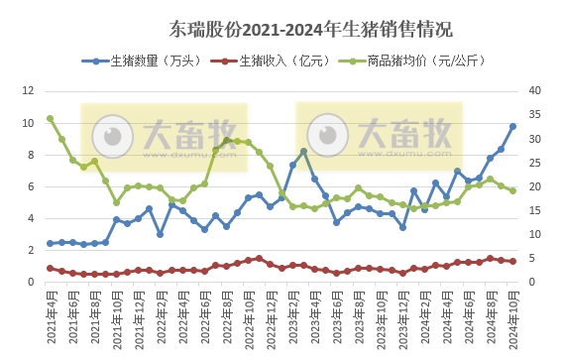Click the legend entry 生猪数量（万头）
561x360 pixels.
point(138,61)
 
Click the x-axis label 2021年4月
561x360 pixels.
point(51,314)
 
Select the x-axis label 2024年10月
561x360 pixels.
point(512,315)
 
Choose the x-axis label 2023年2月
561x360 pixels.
point(292,314)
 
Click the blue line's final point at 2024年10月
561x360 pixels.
point(512,126)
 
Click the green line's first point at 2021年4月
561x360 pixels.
point(51,118)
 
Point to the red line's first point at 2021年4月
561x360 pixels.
point(51,268)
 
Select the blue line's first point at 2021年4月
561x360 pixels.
point(51,243)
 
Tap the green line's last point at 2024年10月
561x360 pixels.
point(512,190)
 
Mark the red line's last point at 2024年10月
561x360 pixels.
point(512,261)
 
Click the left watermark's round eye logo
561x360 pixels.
point(113,136)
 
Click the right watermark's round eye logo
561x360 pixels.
point(329,136)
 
